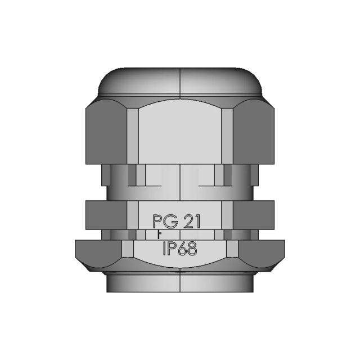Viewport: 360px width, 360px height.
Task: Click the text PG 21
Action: click(x=177, y=222)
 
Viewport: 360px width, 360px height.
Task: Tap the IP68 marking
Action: click(x=180, y=249)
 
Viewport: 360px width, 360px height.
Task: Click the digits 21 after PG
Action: click(x=192, y=222)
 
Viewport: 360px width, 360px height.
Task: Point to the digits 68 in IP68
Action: click(x=188, y=249)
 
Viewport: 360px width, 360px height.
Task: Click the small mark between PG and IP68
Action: click(x=159, y=235)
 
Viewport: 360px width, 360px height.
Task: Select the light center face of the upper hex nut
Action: click(x=180, y=132)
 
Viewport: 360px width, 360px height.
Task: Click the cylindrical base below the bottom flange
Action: click(x=180, y=283)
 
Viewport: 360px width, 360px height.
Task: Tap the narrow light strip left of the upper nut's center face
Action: click(x=133, y=135)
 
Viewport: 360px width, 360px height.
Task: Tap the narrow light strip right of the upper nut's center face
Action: click(x=227, y=135)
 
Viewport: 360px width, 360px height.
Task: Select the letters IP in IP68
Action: click(x=169, y=249)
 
